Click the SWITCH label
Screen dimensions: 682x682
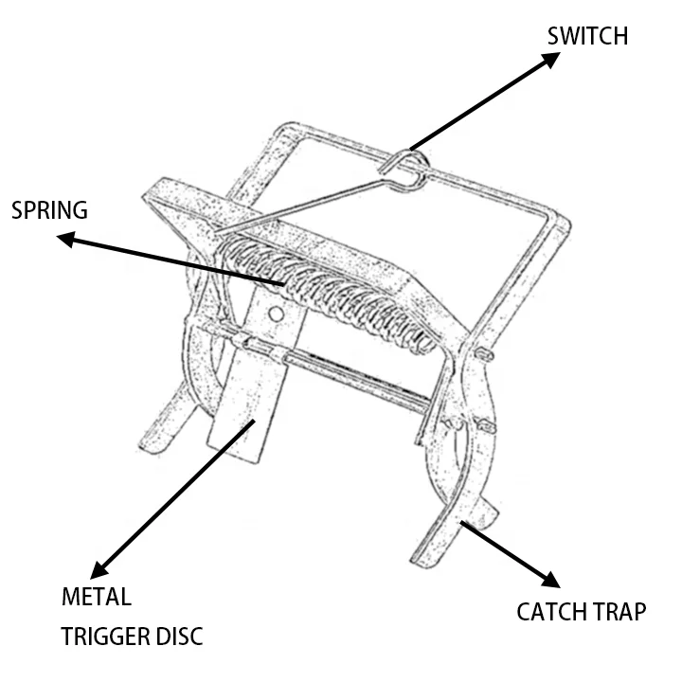[x=587, y=36]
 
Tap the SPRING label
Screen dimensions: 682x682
[x=49, y=209]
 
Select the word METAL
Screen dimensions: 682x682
[x=96, y=599]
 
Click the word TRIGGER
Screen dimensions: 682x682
[x=104, y=636]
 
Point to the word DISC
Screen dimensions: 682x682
[x=177, y=636]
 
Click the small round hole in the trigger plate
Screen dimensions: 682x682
[x=276, y=313]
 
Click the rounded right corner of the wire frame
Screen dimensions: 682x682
[x=565, y=224]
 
